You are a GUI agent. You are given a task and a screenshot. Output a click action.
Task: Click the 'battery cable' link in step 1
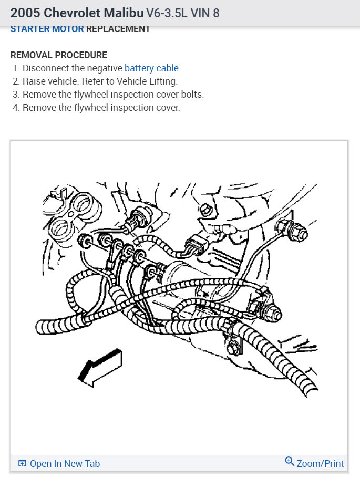pyautogui.click(x=152, y=68)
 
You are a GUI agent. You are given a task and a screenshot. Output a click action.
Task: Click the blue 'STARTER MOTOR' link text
pyautogui.click(x=47, y=29)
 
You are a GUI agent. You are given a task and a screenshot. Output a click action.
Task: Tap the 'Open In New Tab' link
pyautogui.click(x=65, y=463)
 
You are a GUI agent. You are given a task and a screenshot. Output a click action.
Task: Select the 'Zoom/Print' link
pyautogui.click(x=320, y=463)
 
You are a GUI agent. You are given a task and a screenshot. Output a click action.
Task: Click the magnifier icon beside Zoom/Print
pyautogui.click(x=290, y=462)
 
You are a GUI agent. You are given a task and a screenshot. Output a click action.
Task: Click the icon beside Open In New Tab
pyautogui.click(x=22, y=463)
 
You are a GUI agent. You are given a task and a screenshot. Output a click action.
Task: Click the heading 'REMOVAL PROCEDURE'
pyautogui.click(x=59, y=55)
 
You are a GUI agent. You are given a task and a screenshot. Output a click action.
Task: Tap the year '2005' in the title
pyautogui.click(x=24, y=13)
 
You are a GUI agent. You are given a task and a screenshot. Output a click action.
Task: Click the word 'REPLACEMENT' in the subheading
pyautogui.click(x=118, y=29)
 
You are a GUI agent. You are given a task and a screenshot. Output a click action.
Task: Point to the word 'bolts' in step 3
pyautogui.click(x=191, y=95)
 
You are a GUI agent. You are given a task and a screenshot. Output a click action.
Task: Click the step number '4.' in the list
pyautogui.click(x=16, y=108)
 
